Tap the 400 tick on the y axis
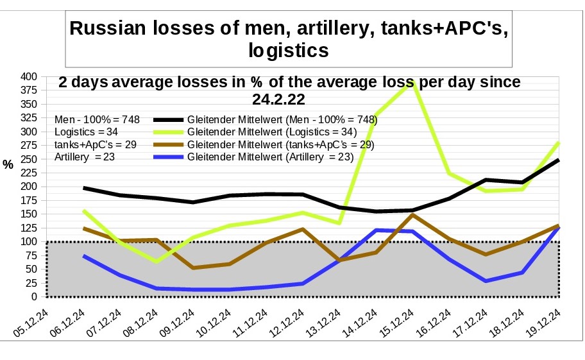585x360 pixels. pyautogui.click(x=28, y=76)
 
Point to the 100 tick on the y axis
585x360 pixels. pyautogui.click(x=28, y=242)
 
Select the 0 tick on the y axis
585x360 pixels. pyautogui.click(x=34, y=296)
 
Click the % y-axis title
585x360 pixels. pyautogui.click(x=8, y=165)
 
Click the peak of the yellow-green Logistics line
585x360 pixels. pyautogui.click(x=412, y=81)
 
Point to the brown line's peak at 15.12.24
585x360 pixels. pyautogui.click(x=412, y=215)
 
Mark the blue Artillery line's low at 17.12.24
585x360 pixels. pyautogui.click(x=486, y=281)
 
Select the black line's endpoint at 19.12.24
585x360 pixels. pyautogui.click(x=559, y=160)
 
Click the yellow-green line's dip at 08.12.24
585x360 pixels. pyautogui.click(x=157, y=262)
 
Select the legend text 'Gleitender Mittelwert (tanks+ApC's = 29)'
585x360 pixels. pyautogui.click(x=281, y=144)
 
